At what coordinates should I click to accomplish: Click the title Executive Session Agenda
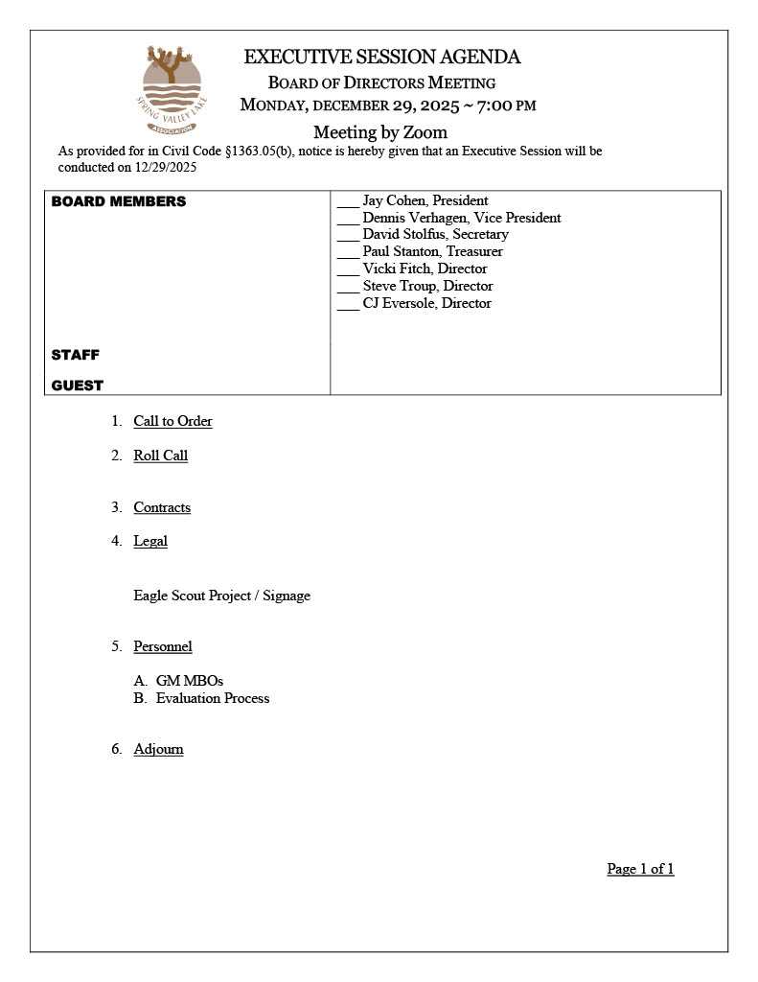tap(381, 58)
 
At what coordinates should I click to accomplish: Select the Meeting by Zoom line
tap(379, 132)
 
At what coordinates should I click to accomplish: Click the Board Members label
tap(119, 201)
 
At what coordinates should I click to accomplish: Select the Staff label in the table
tap(76, 355)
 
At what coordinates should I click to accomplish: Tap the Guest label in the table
tap(78, 386)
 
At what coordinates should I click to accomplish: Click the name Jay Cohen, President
tap(425, 201)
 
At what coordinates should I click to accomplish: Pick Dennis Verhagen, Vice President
tap(461, 219)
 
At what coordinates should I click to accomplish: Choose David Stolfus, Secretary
tap(435, 235)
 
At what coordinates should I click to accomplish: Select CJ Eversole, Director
tap(426, 304)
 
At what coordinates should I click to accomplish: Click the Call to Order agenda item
tap(172, 421)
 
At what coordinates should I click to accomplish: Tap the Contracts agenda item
tap(162, 507)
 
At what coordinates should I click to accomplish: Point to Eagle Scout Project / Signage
tap(221, 596)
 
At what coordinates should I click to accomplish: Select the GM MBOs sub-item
tap(189, 681)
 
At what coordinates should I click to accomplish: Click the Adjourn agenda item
tap(158, 749)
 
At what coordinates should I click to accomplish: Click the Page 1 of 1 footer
tap(640, 869)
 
